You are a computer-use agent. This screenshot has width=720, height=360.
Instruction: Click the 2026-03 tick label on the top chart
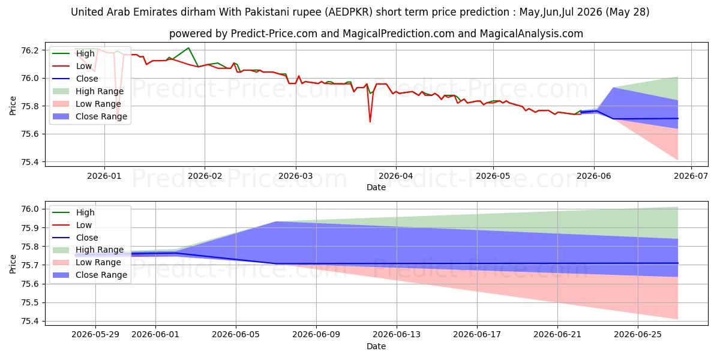coord(296,176)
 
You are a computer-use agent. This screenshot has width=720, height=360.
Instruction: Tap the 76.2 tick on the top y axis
coord(30,50)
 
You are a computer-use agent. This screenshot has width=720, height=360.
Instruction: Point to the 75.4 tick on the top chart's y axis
coord(30,161)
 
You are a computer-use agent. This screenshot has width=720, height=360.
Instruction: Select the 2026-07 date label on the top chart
coord(691,176)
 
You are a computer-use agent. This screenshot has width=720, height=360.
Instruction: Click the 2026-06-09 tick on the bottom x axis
coord(316,335)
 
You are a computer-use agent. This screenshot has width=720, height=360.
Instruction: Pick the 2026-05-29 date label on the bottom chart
coord(95,335)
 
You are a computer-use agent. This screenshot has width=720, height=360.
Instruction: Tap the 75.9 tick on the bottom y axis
coord(30,228)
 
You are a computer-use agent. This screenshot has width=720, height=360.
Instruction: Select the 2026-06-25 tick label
coord(638,335)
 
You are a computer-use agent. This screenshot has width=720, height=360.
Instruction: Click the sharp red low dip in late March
coord(370,121)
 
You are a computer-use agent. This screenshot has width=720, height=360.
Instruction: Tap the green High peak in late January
coord(188,48)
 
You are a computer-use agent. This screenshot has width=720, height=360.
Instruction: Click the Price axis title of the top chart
coord(13,106)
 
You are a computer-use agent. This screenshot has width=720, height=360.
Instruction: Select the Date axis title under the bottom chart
coord(376,346)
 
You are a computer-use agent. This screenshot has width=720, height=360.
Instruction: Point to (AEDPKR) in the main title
coord(349,12)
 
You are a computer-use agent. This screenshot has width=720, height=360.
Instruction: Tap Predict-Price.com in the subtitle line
coord(274,34)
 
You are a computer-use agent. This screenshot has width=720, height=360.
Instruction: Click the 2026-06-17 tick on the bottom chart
coord(477,335)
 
